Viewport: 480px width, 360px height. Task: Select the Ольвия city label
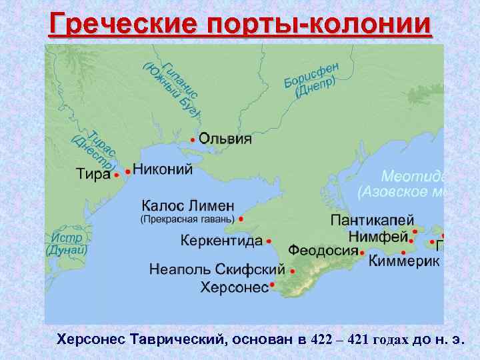pyautogui.click(x=225, y=139)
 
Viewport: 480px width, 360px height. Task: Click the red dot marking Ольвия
pyautogui.click(x=193, y=140)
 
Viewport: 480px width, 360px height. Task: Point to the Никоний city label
pyautogui.click(x=163, y=169)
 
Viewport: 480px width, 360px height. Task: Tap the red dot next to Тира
pyautogui.click(x=117, y=175)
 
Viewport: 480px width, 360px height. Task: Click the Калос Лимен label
pyautogui.click(x=188, y=205)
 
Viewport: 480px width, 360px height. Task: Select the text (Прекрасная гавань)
pyautogui.click(x=187, y=219)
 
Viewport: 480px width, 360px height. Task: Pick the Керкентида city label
pyautogui.click(x=221, y=241)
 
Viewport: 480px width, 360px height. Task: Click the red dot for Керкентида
pyautogui.click(x=269, y=241)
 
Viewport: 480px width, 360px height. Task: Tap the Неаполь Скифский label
pyautogui.click(x=217, y=270)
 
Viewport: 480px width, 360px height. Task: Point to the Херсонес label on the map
pyautogui.click(x=234, y=287)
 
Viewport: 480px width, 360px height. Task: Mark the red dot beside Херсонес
pyautogui.click(x=273, y=287)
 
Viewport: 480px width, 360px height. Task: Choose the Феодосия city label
pyautogui.click(x=323, y=251)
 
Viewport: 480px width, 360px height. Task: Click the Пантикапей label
pyautogui.click(x=372, y=220)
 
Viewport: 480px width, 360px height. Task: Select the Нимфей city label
pyautogui.click(x=377, y=237)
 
